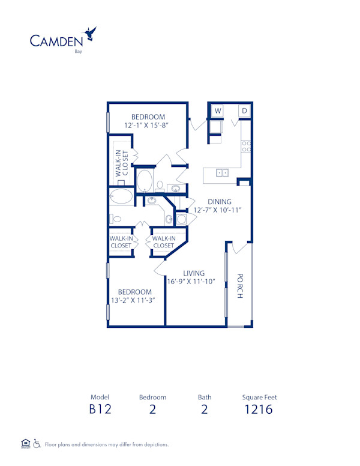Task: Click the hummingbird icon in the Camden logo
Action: [91, 33]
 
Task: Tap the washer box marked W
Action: [217, 111]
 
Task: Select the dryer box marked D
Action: [245, 111]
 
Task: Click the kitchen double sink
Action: [222, 173]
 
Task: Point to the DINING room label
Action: [220, 202]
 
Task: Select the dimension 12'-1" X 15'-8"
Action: [148, 126]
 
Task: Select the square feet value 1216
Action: [259, 410]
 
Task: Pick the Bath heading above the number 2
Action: [205, 397]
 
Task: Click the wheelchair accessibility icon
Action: [37, 444]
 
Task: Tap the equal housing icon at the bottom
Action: [25, 444]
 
